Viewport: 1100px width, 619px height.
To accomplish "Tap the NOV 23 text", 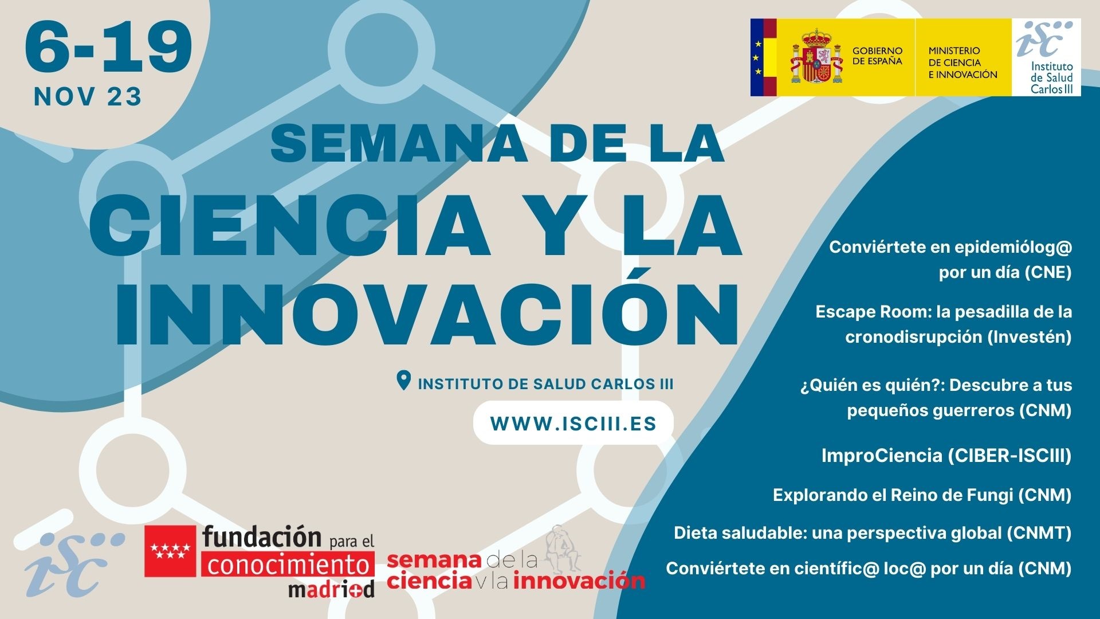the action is [x=88, y=97].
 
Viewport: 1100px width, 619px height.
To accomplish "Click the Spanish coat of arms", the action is [x=816, y=57].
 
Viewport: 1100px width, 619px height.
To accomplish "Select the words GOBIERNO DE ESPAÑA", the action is [x=877, y=56].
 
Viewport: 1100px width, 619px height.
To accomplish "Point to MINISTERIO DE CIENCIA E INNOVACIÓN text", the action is [x=962, y=62].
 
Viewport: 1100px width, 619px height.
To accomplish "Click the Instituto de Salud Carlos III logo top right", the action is [x=1046, y=57].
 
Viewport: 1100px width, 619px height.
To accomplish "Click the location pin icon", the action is [x=404, y=381].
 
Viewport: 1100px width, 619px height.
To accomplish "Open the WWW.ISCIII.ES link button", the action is [x=573, y=423].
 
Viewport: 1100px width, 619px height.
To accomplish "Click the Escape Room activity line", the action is [x=943, y=324].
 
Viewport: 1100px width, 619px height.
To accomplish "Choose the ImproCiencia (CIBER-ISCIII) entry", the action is [x=946, y=456].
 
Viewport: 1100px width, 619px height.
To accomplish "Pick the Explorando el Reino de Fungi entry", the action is [x=922, y=495].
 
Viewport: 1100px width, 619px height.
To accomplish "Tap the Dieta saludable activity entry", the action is [x=873, y=533].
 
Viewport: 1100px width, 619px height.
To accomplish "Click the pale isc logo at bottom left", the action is [x=74, y=563].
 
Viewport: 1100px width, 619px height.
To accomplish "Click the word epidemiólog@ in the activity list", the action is [x=1013, y=248].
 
